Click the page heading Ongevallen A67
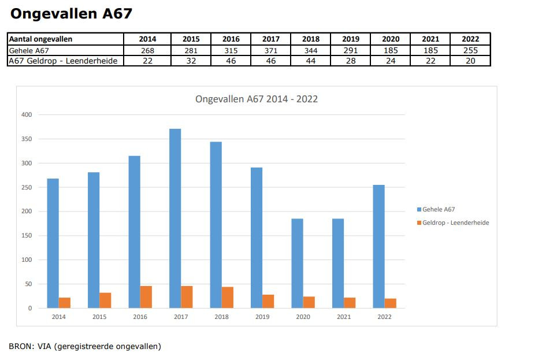(71, 14)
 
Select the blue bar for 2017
(175, 218)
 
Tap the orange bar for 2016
(146, 297)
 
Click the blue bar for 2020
(297, 263)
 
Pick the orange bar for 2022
(391, 303)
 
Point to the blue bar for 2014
(53, 243)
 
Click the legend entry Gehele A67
(439, 209)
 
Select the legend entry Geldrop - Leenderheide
(455, 222)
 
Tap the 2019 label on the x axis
(262, 317)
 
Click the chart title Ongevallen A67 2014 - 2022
(257, 99)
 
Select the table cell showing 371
(270, 50)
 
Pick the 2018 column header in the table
(310, 39)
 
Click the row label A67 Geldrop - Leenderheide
(66, 61)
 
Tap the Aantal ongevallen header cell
(40, 39)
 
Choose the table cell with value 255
(470, 50)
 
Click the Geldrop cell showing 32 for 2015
(191, 61)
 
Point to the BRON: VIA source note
(85, 346)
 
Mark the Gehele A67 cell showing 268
(147, 50)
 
